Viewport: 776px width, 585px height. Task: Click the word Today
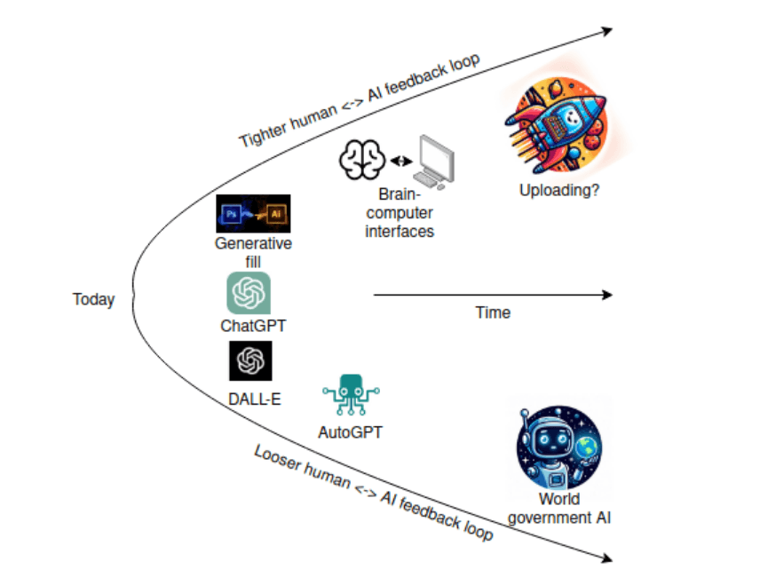tap(93, 299)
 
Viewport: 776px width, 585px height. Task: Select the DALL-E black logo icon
tap(249, 361)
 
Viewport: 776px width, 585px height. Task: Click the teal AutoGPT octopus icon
tap(351, 396)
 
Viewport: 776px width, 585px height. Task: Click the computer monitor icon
tap(438, 161)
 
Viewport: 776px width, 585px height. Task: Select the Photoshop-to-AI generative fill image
tap(253, 214)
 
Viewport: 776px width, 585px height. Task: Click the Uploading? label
tap(559, 189)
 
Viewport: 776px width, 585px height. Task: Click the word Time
tap(493, 312)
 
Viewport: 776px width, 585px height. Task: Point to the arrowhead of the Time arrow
tap(606, 295)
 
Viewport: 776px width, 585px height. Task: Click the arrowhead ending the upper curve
tap(606, 31)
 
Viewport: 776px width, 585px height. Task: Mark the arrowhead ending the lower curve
tap(606, 558)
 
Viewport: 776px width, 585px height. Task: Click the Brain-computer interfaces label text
tap(400, 212)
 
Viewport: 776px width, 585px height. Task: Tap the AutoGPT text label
tap(350, 433)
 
